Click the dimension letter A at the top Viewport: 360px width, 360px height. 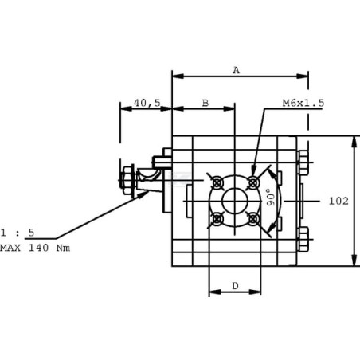point(236,70)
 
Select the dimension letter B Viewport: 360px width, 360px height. point(205,103)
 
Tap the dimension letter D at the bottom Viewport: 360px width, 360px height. point(235,286)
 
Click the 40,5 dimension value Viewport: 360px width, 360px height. point(147,103)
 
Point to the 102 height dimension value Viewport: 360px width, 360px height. point(338,201)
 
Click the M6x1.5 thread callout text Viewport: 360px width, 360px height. point(303,103)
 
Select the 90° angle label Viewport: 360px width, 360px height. point(271,197)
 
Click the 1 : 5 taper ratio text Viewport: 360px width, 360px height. point(18,233)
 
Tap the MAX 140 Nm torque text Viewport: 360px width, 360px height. point(35,248)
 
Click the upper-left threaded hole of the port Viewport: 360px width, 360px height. point(217,182)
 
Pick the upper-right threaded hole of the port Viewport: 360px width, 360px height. point(253,182)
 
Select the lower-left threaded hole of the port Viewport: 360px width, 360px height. point(217,219)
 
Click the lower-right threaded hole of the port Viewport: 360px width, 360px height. point(253,219)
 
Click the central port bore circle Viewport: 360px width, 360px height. point(235,201)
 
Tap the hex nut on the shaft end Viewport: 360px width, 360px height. point(127,181)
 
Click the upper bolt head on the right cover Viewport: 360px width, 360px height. point(303,162)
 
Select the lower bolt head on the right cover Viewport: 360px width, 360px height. point(303,239)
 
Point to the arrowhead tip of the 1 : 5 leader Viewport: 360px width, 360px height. point(149,191)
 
